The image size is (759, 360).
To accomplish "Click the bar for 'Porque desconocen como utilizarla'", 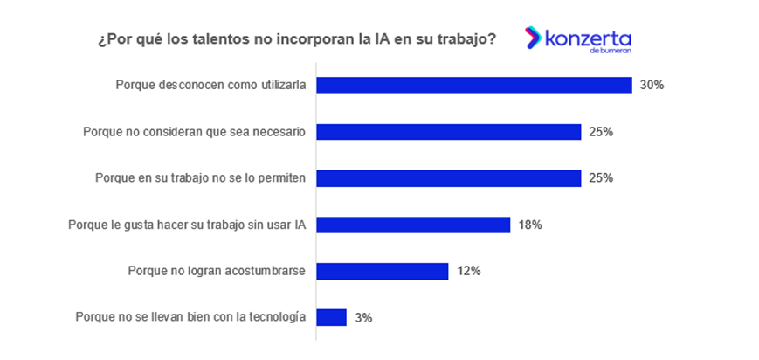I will pyautogui.click(x=473, y=86).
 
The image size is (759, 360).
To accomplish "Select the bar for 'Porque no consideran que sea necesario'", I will pyautogui.click(x=448, y=132).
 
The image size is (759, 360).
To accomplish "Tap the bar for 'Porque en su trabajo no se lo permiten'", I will pyautogui.click(x=448, y=178).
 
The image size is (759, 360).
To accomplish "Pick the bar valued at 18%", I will pyautogui.click(x=412, y=225).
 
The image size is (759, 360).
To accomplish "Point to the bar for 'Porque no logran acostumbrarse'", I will pyautogui.click(x=382, y=271).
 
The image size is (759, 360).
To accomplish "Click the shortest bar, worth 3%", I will pyautogui.click(x=331, y=317).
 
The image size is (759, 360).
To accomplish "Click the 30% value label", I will pyautogui.click(x=652, y=86).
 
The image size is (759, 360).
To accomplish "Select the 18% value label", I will pyautogui.click(x=530, y=225).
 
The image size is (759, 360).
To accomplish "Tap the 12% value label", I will pyautogui.click(x=468, y=271).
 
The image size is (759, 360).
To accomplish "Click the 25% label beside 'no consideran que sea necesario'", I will pyautogui.click(x=601, y=132).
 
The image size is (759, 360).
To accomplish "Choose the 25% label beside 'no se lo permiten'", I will pyautogui.click(x=601, y=178).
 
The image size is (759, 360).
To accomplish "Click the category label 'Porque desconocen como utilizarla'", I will pyautogui.click(x=210, y=86).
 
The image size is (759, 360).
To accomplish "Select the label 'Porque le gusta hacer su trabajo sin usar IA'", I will pyautogui.click(x=187, y=225).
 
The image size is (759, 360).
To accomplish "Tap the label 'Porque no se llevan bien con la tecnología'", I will pyautogui.click(x=190, y=317).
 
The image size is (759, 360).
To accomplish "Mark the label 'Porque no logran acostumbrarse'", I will pyautogui.click(x=217, y=271).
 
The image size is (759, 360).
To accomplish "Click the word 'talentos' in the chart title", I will pyautogui.click(x=210, y=39).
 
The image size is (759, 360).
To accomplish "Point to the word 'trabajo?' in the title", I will pyautogui.click(x=469, y=39).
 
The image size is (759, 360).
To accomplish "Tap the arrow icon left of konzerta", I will pyautogui.click(x=532, y=38).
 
